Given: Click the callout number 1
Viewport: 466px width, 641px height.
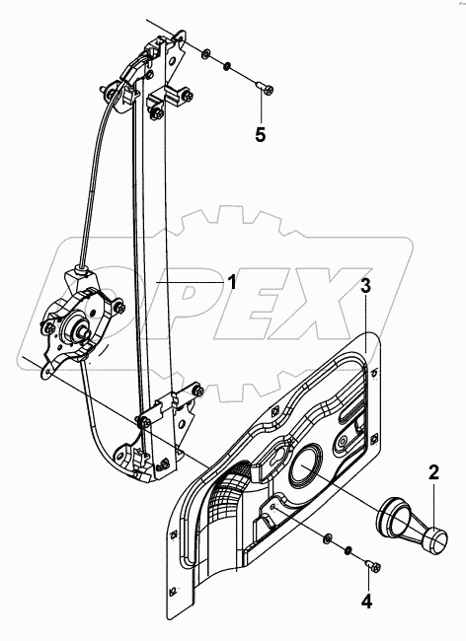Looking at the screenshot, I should click(232, 282).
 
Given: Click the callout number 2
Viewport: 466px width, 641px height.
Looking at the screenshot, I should click(433, 472).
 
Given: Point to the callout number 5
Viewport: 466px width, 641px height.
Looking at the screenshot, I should click(261, 134).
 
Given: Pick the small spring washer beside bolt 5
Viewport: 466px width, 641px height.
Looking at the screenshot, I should click(227, 68).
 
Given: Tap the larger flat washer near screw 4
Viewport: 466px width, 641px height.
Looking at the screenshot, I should click(326, 536).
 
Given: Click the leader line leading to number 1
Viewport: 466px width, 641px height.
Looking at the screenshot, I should click(192, 282).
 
